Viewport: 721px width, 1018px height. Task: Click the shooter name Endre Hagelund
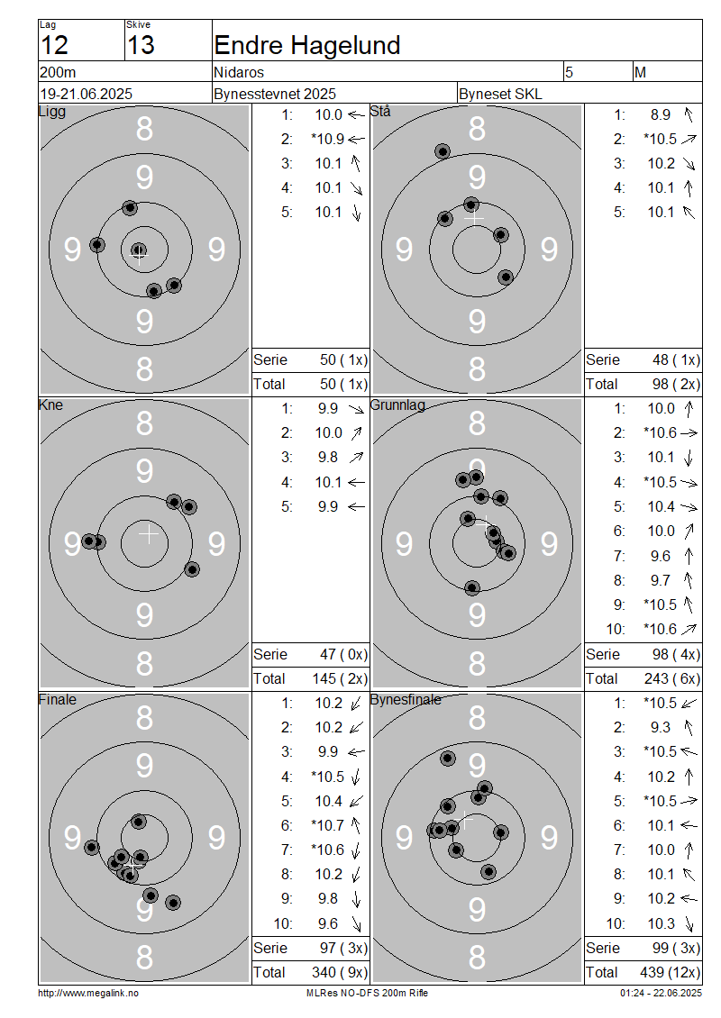(306, 45)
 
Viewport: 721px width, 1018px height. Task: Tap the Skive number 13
(141, 45)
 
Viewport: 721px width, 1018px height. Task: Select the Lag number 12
(55, 45)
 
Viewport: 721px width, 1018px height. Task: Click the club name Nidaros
(239, 72)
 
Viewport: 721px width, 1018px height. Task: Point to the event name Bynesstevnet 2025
(275, 94)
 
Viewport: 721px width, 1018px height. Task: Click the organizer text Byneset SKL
(500, 94)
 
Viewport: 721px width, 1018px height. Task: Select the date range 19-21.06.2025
(87, 94)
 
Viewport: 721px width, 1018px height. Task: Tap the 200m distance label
(59, 72)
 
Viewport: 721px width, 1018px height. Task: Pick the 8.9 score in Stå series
(661, 115)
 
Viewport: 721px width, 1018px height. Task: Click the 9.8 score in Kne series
(328, 457)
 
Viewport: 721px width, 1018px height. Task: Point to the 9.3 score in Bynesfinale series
(661, 727)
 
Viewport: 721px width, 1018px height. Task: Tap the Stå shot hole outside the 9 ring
(443, 152)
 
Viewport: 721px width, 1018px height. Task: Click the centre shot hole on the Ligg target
(139, 250)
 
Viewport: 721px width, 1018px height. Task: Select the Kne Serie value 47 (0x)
(343, 654)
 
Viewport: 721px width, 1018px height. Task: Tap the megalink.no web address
(88, 993)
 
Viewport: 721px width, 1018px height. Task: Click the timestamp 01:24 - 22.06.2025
(661, 993)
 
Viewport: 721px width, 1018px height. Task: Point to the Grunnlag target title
(397, 405)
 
